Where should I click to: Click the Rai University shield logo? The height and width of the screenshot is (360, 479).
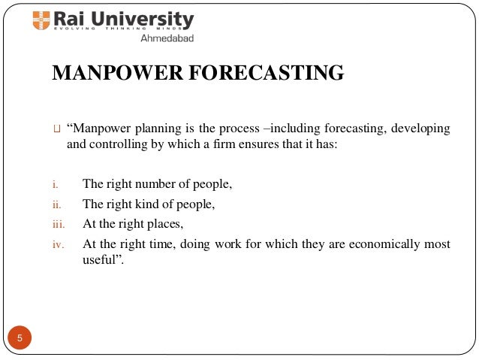41,20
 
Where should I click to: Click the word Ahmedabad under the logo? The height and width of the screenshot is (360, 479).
165,38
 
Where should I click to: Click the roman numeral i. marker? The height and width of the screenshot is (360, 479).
54,183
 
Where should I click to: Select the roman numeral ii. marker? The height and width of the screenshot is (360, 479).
56,204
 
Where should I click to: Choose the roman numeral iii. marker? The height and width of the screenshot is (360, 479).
57,224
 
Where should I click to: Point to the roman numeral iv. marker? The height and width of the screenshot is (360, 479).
57,244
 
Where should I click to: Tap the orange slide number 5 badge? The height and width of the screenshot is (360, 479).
20,337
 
